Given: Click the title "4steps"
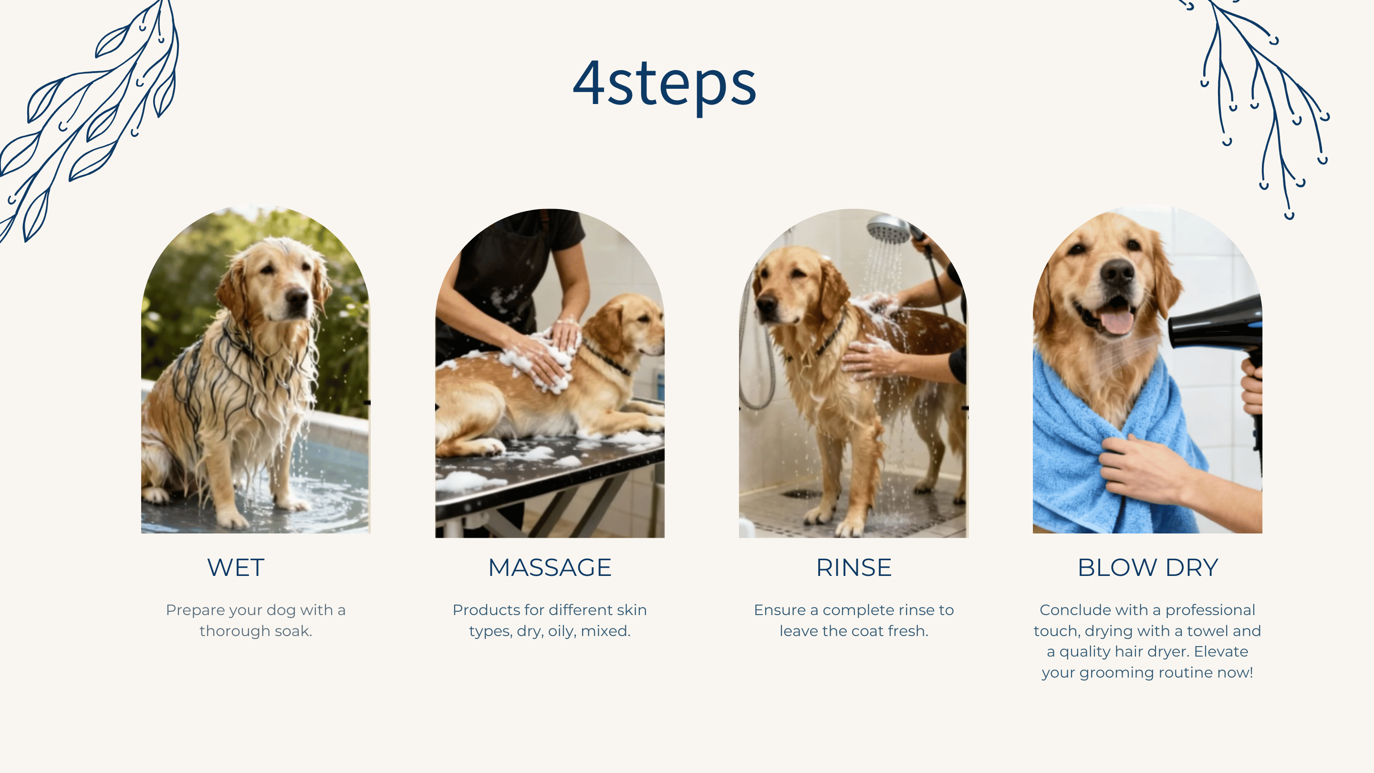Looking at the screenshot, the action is pyautogui.click(x=665, y=84).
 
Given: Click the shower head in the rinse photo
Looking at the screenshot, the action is pyautogui.click(x=888, y=230).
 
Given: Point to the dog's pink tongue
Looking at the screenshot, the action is pyautogui.click(x=1117, y=322).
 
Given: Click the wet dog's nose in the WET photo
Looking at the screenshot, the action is pyautogui.click(x=297, y=295).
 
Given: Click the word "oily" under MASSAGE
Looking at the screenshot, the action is pyautogui.click(x=562, y=632).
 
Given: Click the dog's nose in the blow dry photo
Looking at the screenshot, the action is pyautogui.click(x=1116, y=272).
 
